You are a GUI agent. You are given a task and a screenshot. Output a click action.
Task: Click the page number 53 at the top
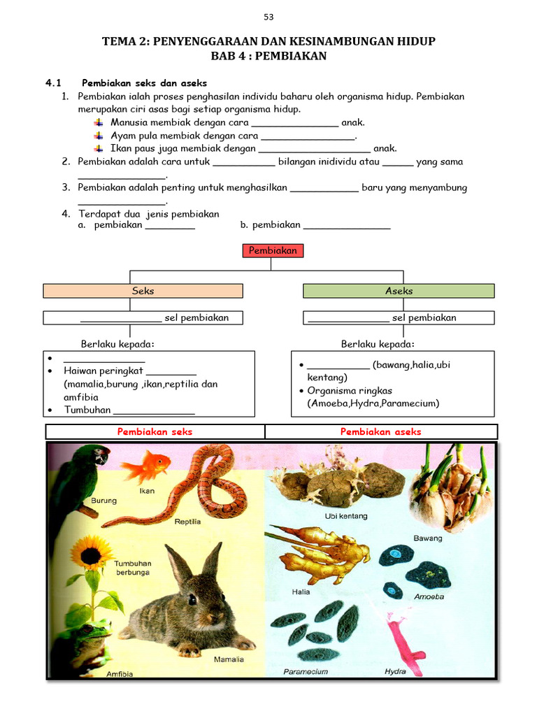pos(268,17)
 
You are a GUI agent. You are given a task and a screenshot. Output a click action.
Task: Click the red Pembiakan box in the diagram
pos(273,250)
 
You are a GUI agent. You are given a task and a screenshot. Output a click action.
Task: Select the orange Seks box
pos(143,291)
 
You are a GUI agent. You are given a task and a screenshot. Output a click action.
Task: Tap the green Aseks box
pos(399,291)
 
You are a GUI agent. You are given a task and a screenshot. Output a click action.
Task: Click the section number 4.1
pos(55,83)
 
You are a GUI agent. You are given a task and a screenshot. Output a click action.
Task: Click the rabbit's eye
pos(192,599)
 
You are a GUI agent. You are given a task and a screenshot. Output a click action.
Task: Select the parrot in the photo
pos(80,475)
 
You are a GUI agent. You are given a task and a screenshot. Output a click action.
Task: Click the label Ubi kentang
pos(346,516)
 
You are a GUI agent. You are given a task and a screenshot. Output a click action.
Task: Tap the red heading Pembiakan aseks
pos(380,432)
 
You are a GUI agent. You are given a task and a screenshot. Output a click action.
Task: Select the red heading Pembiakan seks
pos(155,432)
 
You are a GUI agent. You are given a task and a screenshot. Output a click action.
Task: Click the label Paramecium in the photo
pos(306,671)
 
